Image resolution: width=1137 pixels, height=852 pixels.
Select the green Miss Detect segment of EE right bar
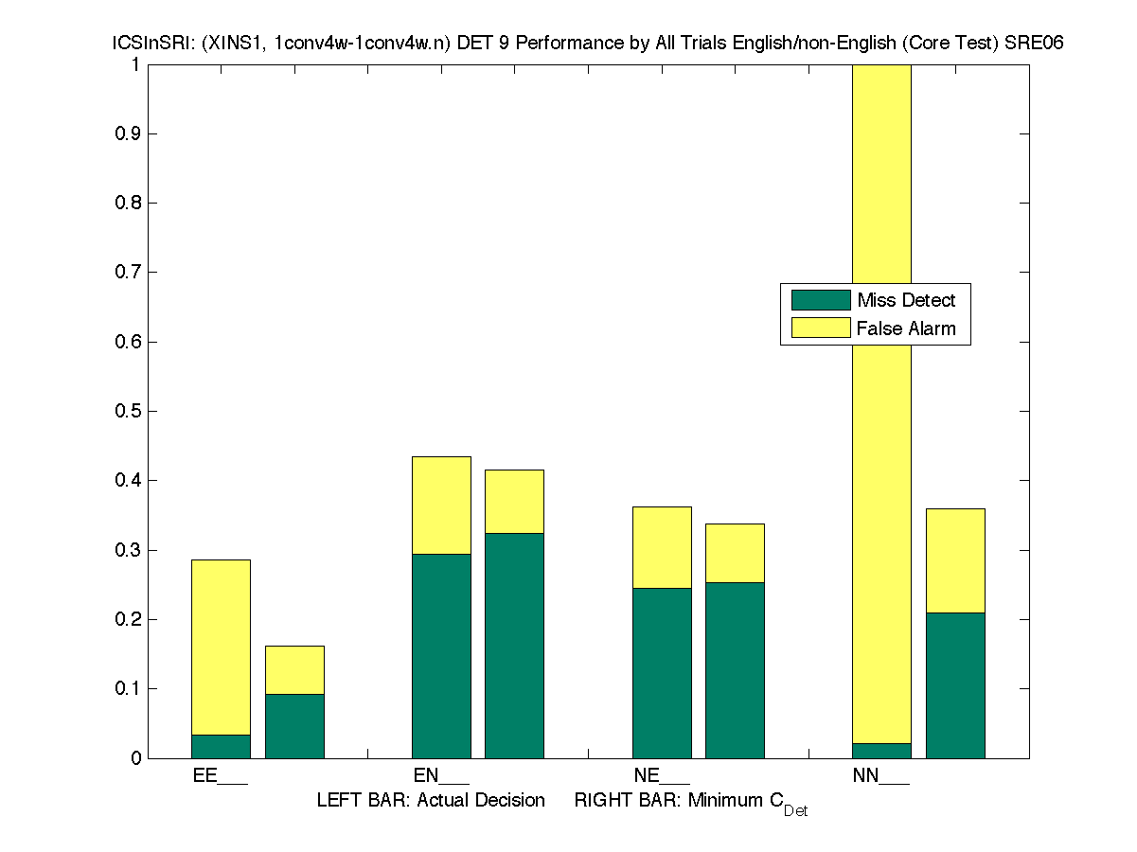[x=294, y=725]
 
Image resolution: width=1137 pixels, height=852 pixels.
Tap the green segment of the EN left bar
[x=441, y=655]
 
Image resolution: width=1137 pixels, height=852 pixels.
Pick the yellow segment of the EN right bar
[x=514, y=501]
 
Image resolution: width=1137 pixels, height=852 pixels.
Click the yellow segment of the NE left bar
[x=662, y=547]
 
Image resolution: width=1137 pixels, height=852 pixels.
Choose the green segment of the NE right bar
[x=735, y=669]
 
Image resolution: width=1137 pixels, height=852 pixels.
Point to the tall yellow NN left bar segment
[x=881, y=404]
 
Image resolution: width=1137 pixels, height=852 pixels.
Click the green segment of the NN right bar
[x=955, y=684]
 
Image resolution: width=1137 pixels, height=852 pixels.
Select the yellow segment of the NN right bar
[x=955, y=560]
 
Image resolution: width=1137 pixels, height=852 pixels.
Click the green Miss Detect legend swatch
[x=821, y=300]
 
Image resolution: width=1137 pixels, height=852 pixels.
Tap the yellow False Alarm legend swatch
[x=821, y=328]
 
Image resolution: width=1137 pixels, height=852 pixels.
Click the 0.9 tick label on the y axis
[x=129, y=133]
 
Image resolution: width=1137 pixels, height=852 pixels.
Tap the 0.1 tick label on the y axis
[x=129, y=688]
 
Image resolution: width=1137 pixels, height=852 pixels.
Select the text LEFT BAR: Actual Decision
[x=431, y=801]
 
